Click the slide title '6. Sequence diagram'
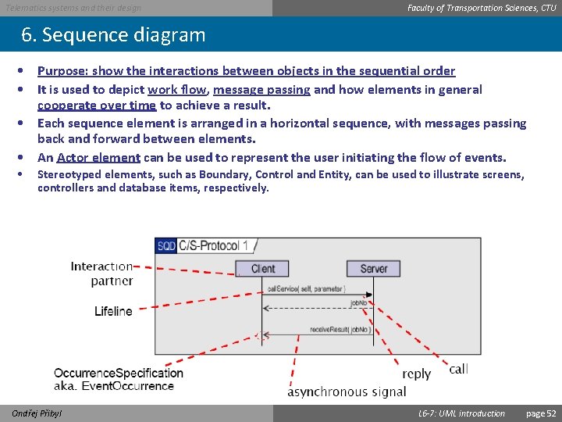pyautogui.click(x=113, y=35)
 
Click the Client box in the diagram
pyautogui.click(x=262, y=269)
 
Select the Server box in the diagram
pyautogui.click(x=373, y=269)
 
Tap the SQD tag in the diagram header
pyautogui.click(x=166, y=246)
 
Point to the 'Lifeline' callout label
pyautogui.click(x=113, y=311)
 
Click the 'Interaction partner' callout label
pyautogui.click(x=101, y=274)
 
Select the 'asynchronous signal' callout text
pyautogui.click(x=347, y=392)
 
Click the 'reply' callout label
pyautogui.click(x=416, y=374)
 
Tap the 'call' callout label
pyautogui.click(x=459, y=368)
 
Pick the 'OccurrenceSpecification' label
pyautogui.click(x=119, y=373)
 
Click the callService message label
pyautogui.click(x=306, y=289)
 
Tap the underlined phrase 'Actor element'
pyautogui.click(x=98, y=157)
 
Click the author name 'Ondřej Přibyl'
pyautogui.click(x=37, y=413)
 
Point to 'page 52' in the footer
pyautogui.click(x=541, y=413)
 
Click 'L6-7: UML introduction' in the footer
pyautogui.click(x=461, y=413)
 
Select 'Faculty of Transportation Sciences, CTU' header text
pyautogui.click(x=482, y=8)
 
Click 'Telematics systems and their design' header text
pyautogui.click(x=73, y=8)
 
